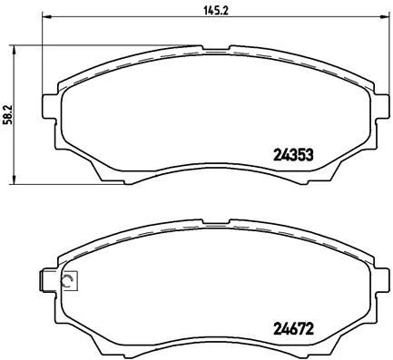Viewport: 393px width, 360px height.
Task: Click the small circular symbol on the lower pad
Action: (66, 282)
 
